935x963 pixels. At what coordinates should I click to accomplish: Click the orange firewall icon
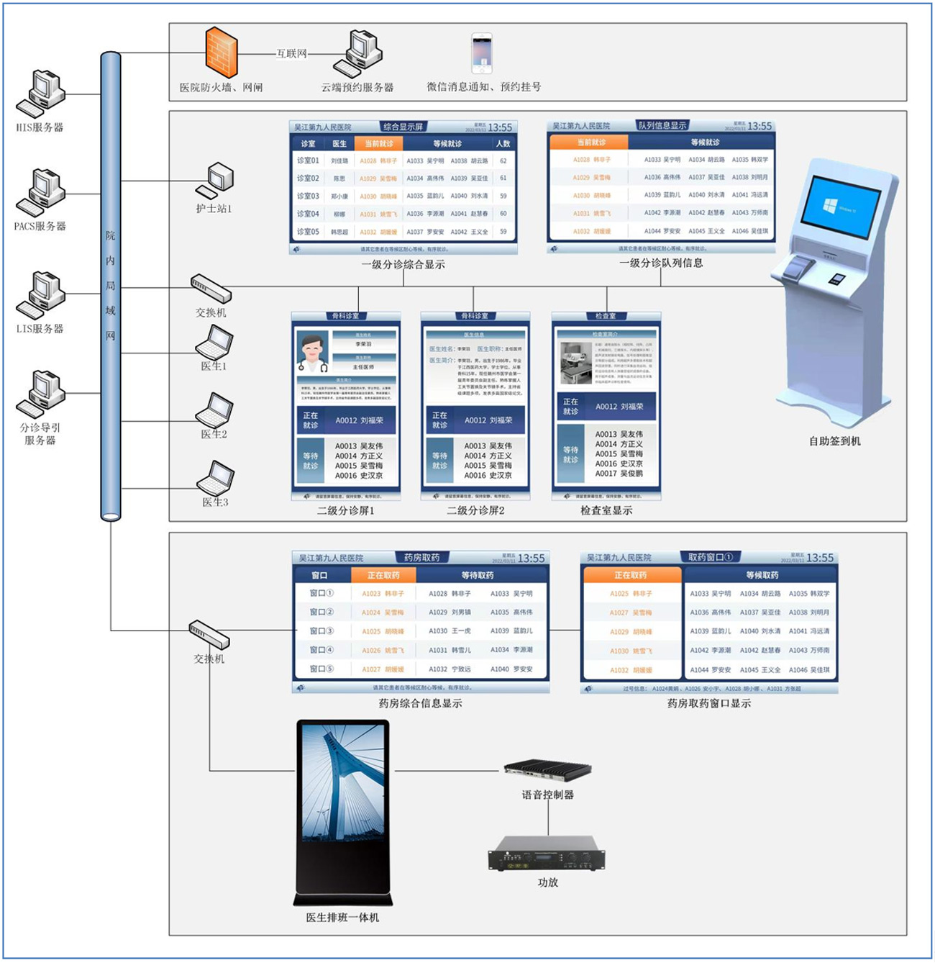pos(221,53)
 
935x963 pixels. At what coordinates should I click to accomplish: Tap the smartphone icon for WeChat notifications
pos(481,53)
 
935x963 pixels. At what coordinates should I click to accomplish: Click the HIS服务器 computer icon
pos(40,94)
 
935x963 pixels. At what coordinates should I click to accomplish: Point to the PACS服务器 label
pos(40,226)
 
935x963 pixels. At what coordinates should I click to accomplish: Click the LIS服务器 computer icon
pos(40,295)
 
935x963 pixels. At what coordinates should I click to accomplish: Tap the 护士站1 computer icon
pos(215,181)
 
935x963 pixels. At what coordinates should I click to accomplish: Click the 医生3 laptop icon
pos(215,477)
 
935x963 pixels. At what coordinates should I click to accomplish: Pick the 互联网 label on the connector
pos(292,53)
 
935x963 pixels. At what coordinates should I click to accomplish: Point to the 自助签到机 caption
pos(834,441)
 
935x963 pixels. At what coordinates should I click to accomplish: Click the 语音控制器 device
pos(547,769)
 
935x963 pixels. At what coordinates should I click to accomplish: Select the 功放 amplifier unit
pos(547,854)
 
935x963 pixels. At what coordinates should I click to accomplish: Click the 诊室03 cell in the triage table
pos(308,196)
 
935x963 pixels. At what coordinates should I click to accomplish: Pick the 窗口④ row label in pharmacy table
pos(321,650)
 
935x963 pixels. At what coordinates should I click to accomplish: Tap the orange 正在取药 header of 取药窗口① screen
pos(631,575)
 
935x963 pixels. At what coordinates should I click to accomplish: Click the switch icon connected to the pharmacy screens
pos(209,633)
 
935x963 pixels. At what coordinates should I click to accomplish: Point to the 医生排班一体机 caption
pos(342,918)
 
